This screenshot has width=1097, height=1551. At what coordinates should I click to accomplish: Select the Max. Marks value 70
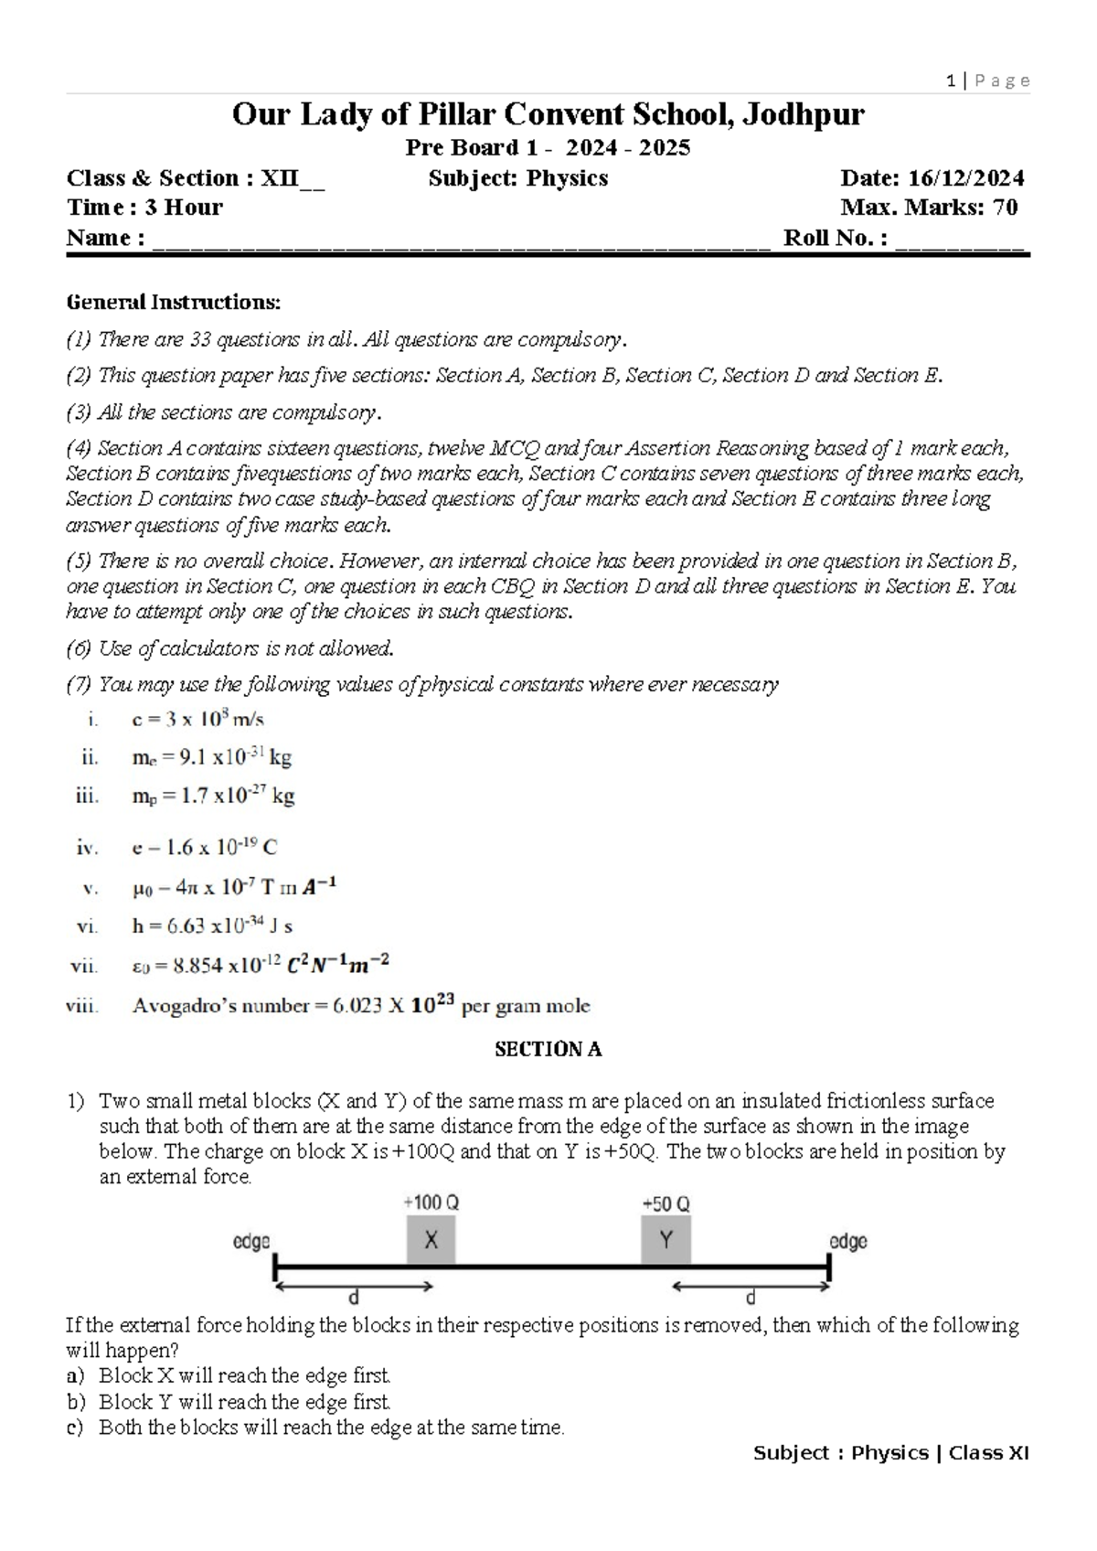click(x=1005, y=208)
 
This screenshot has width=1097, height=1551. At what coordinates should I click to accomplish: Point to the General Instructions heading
click(x=174, y=302)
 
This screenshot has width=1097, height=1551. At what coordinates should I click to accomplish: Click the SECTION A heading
click(x=548, y=1049)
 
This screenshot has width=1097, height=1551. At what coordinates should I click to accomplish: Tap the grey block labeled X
click(x=431, y=1240)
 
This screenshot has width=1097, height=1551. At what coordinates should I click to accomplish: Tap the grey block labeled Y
click(x=666, y=1240)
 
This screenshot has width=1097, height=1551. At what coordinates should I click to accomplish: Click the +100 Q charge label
click(x=431, y=1203)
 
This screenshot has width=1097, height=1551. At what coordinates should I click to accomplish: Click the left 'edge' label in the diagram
click(x=251, y=1241)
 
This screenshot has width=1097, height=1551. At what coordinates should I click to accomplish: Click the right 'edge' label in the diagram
click(x=847, y=1241)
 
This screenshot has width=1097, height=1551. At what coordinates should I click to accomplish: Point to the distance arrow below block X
click(x=353, y=1287)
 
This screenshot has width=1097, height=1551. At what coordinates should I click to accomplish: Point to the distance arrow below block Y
click(x=751, y=1287)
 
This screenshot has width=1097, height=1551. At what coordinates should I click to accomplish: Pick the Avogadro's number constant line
click(x=360, y=1006)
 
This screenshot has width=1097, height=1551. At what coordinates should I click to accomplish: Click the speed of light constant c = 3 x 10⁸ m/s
click(x=197, y=719)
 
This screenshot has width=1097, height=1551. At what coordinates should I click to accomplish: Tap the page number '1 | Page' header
click(x=988, y=80)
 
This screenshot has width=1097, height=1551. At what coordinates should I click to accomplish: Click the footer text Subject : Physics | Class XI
click(x=890, y=1453)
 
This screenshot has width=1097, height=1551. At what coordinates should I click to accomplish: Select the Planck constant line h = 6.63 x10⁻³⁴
click(x=212, y=925)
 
